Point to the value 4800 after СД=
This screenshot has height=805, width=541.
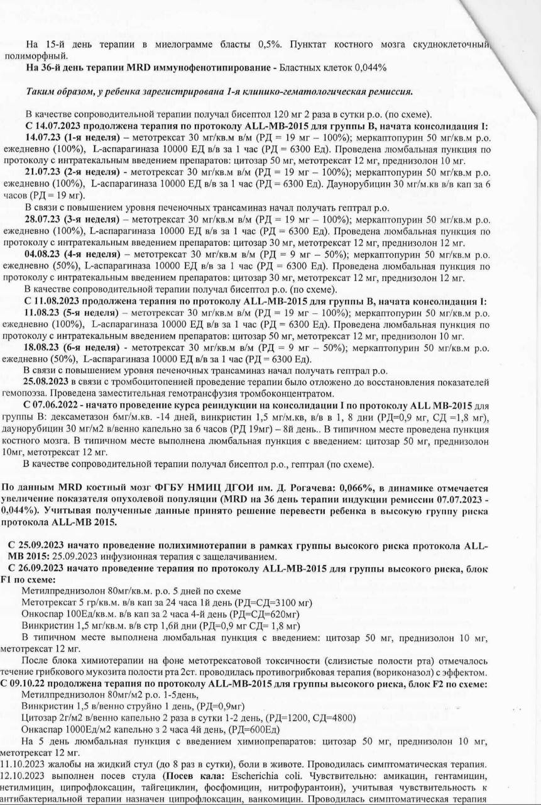pyautogui.click(x=340, y=718)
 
